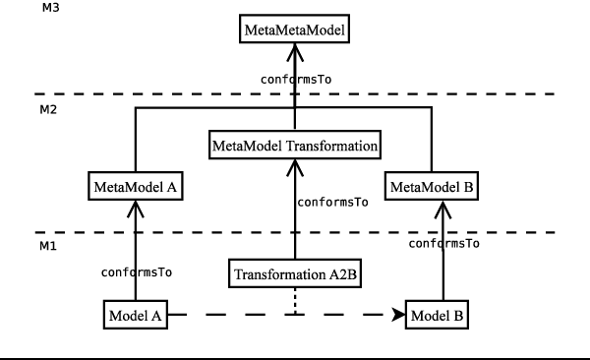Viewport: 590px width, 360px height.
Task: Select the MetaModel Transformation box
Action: coord(295,147)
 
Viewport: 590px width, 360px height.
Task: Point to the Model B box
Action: coord(438,316)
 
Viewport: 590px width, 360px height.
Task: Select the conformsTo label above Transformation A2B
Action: coord(332,202)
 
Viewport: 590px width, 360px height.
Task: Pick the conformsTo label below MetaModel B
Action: coord(443,242)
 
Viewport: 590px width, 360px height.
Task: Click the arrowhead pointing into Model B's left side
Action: coord(400,316)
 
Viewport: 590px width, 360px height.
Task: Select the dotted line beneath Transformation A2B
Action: coord(295,301)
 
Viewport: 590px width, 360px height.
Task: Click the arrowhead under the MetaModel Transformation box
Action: coord(295,167)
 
